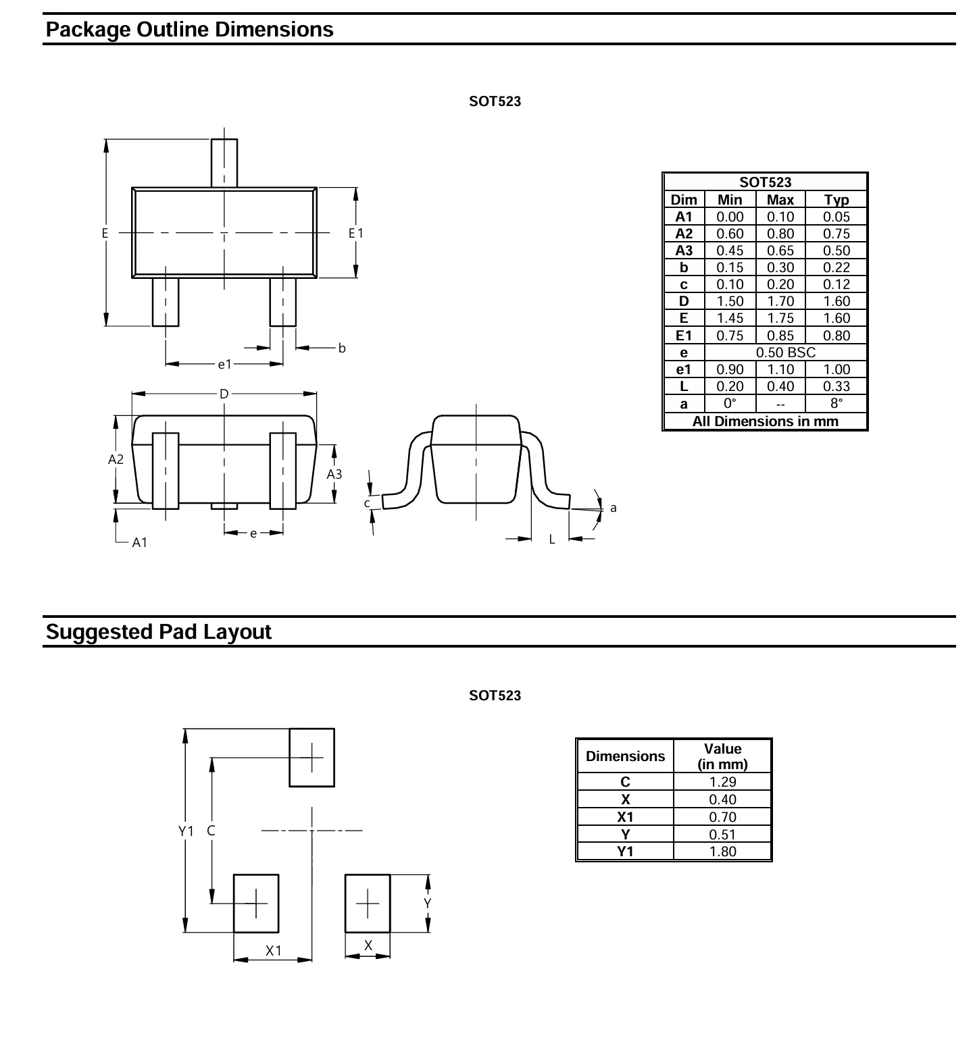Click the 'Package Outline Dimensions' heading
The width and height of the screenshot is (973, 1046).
click(x=190, y=30)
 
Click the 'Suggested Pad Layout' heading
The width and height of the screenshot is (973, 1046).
click(x=159, y=632)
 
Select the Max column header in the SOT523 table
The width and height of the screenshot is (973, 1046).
click(x=780, y=200)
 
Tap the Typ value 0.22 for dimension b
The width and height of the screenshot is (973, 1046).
click(x=837, y=267)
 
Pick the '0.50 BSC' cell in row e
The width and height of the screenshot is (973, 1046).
click(x=786, y=352)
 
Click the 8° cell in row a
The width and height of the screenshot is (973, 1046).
click(x=837, y=404)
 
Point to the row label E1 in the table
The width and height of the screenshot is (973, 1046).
click(x=684, y=336)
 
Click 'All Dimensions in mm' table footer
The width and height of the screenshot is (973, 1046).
click(x=766, y=421)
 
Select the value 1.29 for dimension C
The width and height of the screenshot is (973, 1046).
click(x=722, y=782)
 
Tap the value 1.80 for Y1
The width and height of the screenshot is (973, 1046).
click(x=722, y=852)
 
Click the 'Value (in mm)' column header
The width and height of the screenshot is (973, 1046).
click(x=722, y=756)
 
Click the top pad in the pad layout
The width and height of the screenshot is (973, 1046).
click(x=311, y=758)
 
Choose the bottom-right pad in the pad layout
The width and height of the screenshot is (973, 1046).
click(x=368, y=904)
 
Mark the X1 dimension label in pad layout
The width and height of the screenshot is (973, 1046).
click(x=273, y=951)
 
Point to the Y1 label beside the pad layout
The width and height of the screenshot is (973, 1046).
click(x=186, y=831)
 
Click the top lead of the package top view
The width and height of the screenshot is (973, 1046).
click(x=224, y=163)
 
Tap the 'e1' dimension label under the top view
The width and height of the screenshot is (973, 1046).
click(x=224, y=365)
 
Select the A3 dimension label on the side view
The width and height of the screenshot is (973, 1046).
click(x=334, y=474)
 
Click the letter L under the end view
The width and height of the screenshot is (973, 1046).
click(x=551, y=540)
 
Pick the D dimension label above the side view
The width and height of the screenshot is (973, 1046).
click(x=224, y=394)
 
